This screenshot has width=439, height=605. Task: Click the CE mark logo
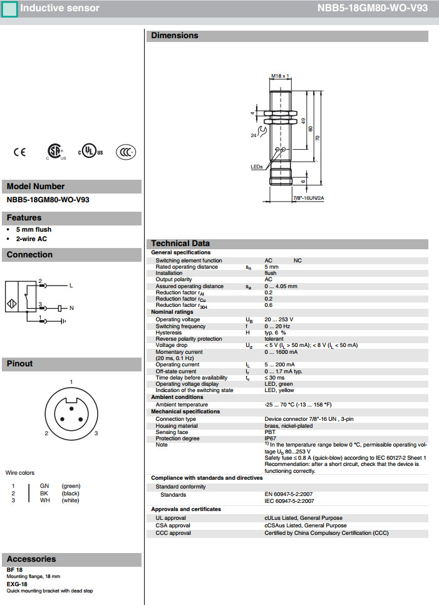click(x=19, y=152)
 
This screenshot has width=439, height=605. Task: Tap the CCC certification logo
click(x=125, y=152)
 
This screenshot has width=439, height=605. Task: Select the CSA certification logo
click(x=56, y=152)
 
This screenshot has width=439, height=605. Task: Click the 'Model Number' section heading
click(x=36, y=186)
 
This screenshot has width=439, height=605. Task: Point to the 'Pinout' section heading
click(x=20, y=363)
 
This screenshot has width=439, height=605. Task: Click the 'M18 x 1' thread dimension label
click(x=280, y=76)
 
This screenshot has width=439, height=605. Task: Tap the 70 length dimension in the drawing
click(x=318, y=138)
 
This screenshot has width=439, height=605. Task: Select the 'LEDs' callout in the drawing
click(x=256, y=167)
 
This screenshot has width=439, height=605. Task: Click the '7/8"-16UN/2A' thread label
click(x=308, y=198)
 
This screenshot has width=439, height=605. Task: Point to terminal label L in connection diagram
click(x=71, y=286)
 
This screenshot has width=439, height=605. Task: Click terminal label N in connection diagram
click(x=71, y=308)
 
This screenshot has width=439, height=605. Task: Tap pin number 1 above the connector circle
click(x=71, y=382)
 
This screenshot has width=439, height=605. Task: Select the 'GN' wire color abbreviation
click(x=44, y=486)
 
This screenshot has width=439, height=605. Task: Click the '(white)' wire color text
click(x=70, y=500)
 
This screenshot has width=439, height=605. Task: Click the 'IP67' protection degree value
click(x=271, y=438)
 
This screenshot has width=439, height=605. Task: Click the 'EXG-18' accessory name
click(x=16, y=584)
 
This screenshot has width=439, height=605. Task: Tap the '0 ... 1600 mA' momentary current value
click(x=282, y=352)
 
